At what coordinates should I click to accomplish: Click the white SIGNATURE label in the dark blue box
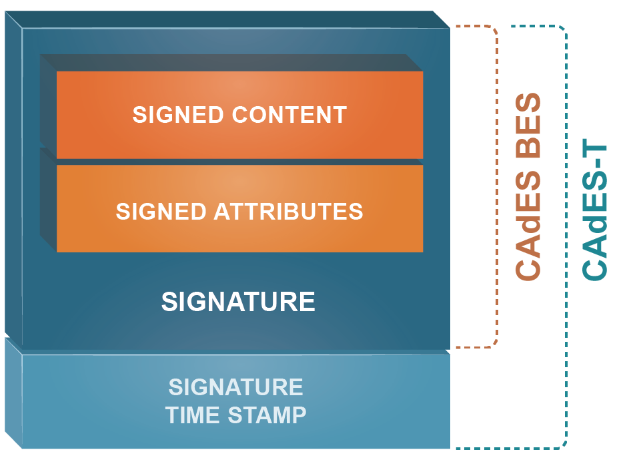pyautogui.click(x=238, y=302)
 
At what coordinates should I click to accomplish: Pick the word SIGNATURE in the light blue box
pyautogui.click(x=235, y=387)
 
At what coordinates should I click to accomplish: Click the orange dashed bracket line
pyautogui.click(x=497, y=187)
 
